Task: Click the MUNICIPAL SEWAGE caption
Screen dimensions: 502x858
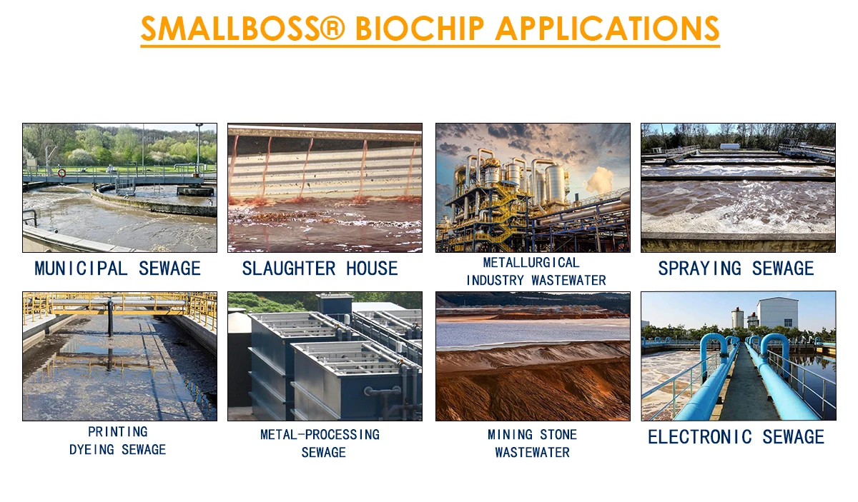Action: [x=118, y=268]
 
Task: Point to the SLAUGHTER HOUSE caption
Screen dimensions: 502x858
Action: [x=320, y=268]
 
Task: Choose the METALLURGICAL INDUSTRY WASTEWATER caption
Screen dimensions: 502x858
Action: [x=536, y=271]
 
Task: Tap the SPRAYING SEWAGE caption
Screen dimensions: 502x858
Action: [x=736, y=268]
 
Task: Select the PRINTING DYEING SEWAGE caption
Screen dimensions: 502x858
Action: [x=118, y=441]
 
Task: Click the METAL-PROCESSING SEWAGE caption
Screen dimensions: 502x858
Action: [x=320, y=443]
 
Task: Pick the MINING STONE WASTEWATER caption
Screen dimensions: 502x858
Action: [x=532, y=443]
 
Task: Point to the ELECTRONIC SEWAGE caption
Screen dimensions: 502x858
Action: [x=736, y=437]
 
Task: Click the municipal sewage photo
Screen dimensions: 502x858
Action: [x=119, y=188]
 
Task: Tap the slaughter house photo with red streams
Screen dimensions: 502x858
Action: [x=325, y=188]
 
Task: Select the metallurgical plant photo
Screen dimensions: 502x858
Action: [x=533, y=188]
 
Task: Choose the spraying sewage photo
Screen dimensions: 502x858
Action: [x=738, y=188]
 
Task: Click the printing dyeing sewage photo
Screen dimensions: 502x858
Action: [x=119, y=356]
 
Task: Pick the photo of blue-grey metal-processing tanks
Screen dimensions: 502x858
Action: [x=325, y=356]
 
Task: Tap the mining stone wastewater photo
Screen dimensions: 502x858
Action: [x=533, y=356]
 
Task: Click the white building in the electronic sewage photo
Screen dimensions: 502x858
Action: [x=777, y=313]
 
